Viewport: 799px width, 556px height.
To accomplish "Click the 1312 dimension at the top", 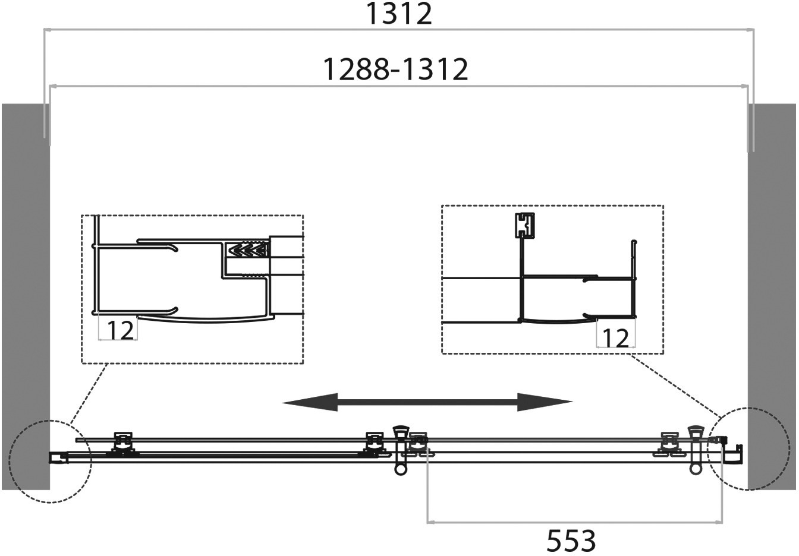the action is (x=399, y=14).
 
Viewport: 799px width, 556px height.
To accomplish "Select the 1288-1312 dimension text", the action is (x=395, y=69).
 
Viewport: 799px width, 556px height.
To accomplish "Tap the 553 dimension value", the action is (x=571, y=541).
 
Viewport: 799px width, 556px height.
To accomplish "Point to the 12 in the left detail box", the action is (x=120, y=330).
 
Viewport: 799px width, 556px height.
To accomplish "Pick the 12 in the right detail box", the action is (x=615, y=338).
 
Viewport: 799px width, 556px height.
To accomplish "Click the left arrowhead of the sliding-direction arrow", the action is (x=310, y=402).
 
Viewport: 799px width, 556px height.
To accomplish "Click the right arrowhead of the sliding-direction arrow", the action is (x=545, y=402).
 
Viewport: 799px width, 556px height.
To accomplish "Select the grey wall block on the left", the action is (x=26, y=296).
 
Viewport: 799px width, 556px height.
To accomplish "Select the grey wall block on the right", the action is (x=772, y=296).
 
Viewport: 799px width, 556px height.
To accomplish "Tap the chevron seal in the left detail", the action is (x=248, y=249).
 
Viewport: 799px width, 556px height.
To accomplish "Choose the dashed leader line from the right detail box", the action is (x=674, y=386).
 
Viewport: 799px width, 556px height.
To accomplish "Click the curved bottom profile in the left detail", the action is (x=206, y=320).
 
